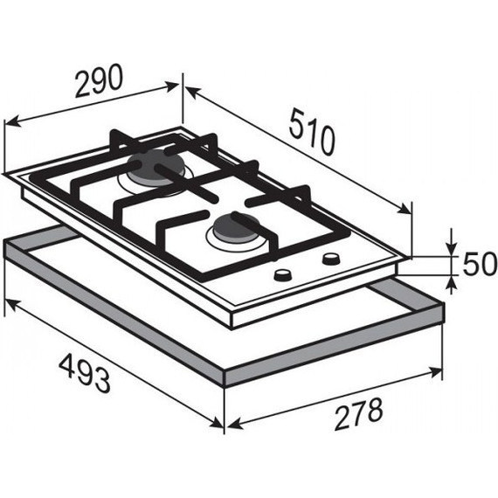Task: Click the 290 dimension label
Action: [x=99, y=81]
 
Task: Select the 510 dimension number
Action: [x=312, y=132]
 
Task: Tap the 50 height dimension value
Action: [x=479, y=263]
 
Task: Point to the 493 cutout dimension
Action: [x=85, y=374]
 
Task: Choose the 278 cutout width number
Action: [x=359, y=413]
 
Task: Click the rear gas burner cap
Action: [x=156, y=167]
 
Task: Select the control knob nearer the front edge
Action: [x=282, y=275]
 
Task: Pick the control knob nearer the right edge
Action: [x=331, y=259]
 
